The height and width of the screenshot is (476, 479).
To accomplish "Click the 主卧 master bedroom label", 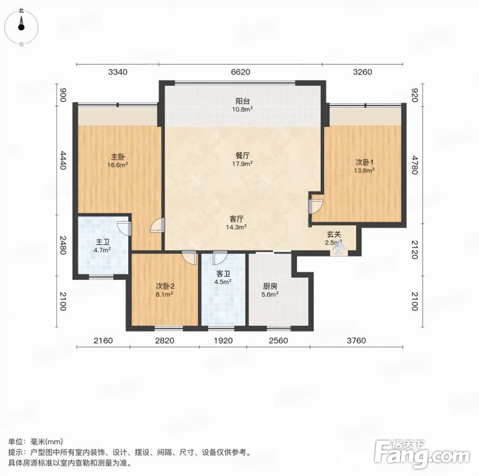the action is click(118, 157).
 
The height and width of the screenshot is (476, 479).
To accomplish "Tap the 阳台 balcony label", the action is click(243, 101).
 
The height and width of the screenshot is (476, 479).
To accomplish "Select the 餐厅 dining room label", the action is click(242, 155).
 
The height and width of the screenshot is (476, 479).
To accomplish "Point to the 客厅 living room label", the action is click(237, 219).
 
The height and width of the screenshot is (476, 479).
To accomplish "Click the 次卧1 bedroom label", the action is click(365, 162).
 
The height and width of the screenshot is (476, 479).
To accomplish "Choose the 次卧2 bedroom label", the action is click(165, 287).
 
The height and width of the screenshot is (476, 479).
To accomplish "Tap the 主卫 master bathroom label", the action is click(103, 242).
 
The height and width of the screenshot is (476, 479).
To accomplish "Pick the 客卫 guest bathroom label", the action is click(223, 274).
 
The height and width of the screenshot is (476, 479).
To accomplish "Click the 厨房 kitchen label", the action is click(270, 287).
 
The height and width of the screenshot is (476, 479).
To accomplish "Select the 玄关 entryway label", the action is click(334, 234).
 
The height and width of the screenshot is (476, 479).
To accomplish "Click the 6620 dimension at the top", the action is click(241, 72).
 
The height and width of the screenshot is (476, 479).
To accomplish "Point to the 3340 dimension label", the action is click(118, 72).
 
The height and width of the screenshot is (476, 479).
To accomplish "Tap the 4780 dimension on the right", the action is click(414, 165).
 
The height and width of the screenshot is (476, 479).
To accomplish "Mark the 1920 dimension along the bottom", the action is click(223, 341).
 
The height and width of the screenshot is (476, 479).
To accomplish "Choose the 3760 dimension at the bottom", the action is click(356, 341).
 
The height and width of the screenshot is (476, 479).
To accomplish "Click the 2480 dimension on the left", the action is click(63, 245).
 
